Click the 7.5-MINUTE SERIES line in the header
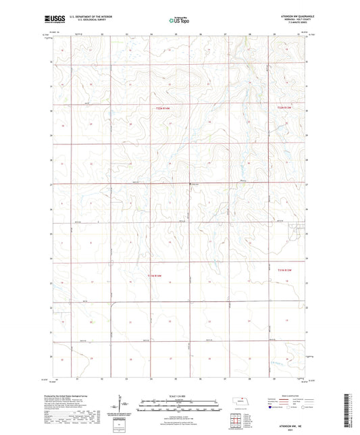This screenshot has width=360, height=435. coord(288,24)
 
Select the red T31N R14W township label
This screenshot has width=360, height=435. coord(155,276)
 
